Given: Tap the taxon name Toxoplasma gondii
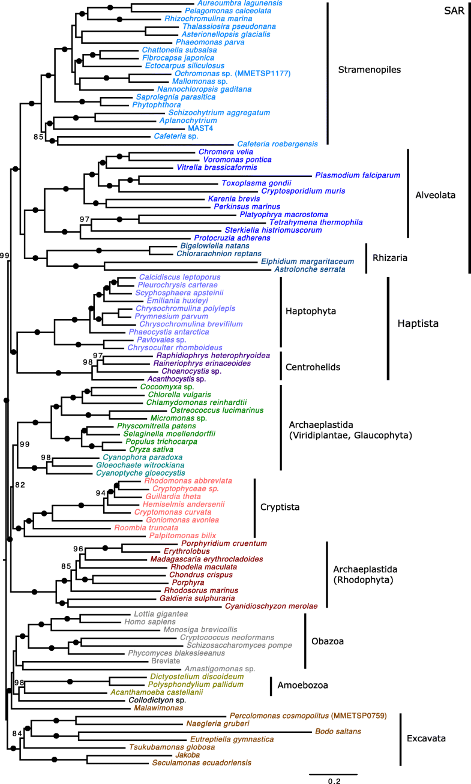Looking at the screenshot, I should [x=256, y=183].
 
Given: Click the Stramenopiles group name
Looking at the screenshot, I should [x=369, y=70].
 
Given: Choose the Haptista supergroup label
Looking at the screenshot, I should [x=419, y=324].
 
